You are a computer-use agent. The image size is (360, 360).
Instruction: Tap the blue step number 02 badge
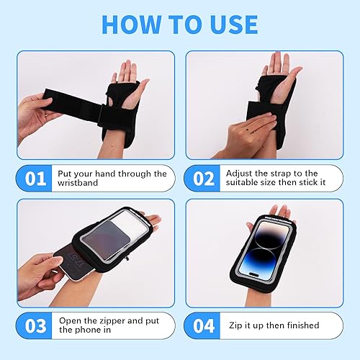[x=204, y=179]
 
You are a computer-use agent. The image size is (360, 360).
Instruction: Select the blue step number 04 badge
[x=204, y=325]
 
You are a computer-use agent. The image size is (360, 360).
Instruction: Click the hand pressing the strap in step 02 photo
[x=245, y=130]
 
